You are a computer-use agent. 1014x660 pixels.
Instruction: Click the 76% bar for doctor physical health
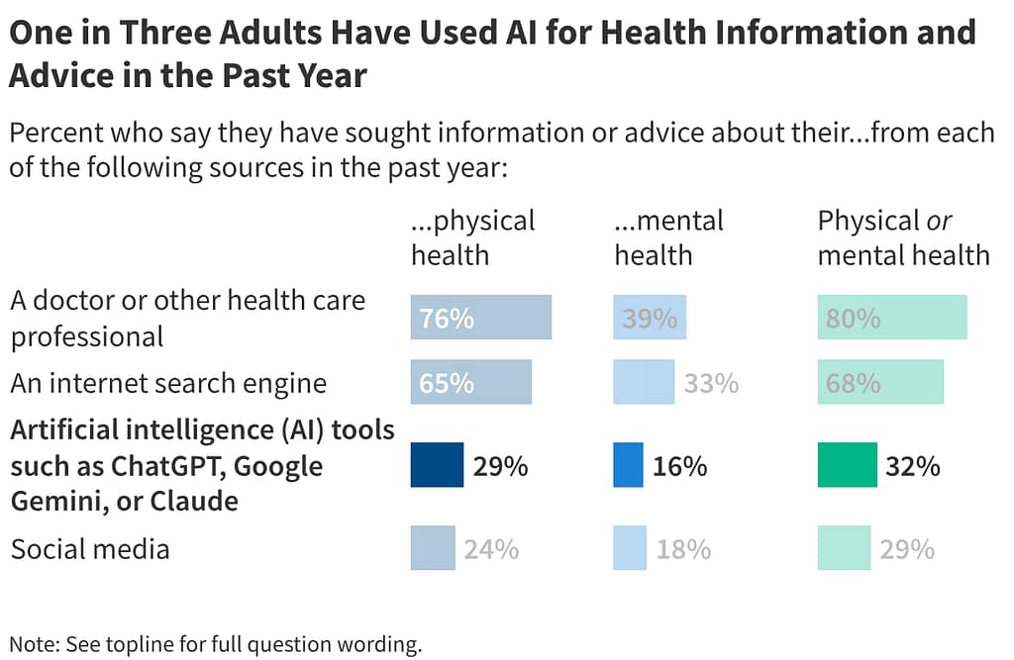pyautogui.click(x=480, y=318)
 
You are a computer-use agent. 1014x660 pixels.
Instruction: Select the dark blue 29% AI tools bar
pyautogui.click(x=437, y=465)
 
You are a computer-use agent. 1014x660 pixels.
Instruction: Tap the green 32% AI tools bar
pyautogui.click(x=847, y=465)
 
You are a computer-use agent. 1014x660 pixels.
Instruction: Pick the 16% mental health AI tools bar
pyautogui.click(x=629, y=465)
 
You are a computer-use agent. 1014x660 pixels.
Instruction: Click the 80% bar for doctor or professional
pyautogui.click(x=891, y=318)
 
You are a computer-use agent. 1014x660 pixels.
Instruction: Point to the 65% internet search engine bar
pyautogui.click(x=470, y=382)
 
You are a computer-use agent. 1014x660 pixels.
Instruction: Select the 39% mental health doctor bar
pyautogui.click(x=650, y=318)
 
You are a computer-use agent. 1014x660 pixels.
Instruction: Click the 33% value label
pyautogui.click(x=711, y=383)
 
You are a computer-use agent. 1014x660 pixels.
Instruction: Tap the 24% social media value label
pyautogui.click(x=491, y=548)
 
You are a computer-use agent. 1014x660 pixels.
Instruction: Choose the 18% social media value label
pyautogui.click(x=683, y=548)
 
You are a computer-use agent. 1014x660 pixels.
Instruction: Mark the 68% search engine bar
pyautogui.click(x=880, y=382)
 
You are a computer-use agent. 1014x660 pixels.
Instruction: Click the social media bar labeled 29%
pyautogui.click(x=844, y=548)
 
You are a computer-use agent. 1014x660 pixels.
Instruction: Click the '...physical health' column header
pyautogui.click(x=472, y=237)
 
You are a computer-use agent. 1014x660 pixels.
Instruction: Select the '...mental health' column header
pyautogui.click(x=668, y=237)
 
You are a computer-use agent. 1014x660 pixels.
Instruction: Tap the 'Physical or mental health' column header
pyautogui.click(x=903, y=237)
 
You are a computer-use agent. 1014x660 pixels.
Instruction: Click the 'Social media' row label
pyautogui.click(x=90, y=549)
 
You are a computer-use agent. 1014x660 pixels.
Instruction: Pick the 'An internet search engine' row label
pyautogui.click(x=168, y=383)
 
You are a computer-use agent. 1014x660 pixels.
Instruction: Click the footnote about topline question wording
pyautogui.click(x=216, y=644)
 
